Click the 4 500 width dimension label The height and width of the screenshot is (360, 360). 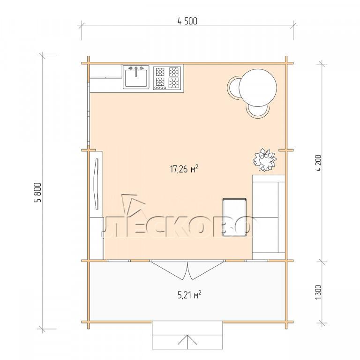pyautogui.click(x=187, y=22)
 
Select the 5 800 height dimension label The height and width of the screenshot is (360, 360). pyautogui.click(x=37, y=192)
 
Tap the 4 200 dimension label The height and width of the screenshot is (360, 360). pyautogui.click(x=319, y=163)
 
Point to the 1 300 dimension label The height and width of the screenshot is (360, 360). pyautogui.click(x=318, y=292)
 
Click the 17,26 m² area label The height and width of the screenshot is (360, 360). pyautogui.click(x=184, y=169)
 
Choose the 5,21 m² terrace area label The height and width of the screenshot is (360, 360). pyautogui.click(x=190, y=295)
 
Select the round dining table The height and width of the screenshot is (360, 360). pyautogui.click(x=258, y=88)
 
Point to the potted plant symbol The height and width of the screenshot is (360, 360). pyautogui.click(x=265, y=160)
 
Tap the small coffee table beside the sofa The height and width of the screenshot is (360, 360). pyautogui.click(x=234, y=217)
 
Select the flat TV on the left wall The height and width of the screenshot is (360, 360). pyautogui.click(x=96, y=184)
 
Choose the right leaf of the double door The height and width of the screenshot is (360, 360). pyautogui.click(x=206, y=271)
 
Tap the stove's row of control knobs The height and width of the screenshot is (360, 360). pyautogui.click(x=160, y=88)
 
